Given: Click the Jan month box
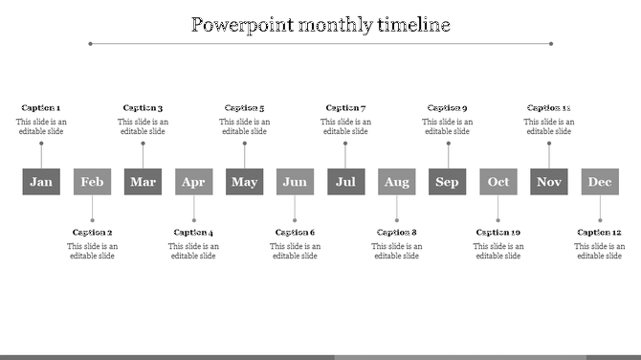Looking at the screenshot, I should click(x=41, y=182).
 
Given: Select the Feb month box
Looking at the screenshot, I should click(x=92, y=182).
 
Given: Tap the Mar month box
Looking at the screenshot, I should click(x=143, y=182).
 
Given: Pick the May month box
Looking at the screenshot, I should click(x=244, y=182).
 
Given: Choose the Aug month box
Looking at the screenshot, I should click(x=396, y=182).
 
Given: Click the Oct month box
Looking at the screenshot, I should click(x=498, y=182).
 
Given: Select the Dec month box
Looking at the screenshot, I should click(x=600, y=182).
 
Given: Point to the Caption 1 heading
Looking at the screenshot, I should click(x=41, y=108).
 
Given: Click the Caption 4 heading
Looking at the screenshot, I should click(x=193, y=233).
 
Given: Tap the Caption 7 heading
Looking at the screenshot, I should click(x=345, y=108).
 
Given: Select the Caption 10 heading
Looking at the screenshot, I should click(x=498, y=233).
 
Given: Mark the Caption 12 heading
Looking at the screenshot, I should click(x=600, y=233).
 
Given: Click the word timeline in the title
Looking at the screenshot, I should click(x=414, y=24).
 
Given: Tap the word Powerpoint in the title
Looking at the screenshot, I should click(x=240, y=24).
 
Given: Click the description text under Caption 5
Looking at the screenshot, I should click(x=245, y=126).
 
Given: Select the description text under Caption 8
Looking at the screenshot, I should click(x=397, y=251).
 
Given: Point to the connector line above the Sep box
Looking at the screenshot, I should click(x=448, y=156).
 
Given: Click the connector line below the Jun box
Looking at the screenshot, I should click(x=295, y=209).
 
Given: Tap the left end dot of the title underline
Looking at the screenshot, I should click(x=90, y=43).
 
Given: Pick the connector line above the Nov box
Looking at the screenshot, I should click(x=549, y=156).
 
